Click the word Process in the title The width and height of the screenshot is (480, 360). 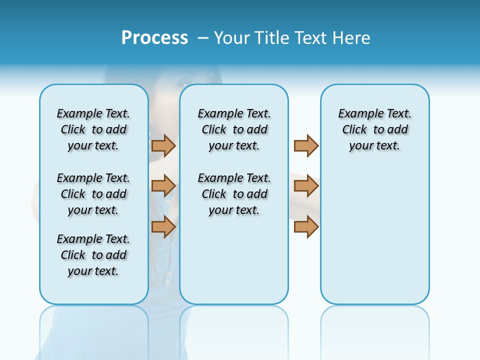(154, 37)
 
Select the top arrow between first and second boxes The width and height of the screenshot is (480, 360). (163, 145)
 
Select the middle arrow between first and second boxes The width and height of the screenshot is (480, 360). (163, 186)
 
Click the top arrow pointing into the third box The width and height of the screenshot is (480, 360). (306, 145)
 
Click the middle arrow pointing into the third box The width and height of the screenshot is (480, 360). (306, 186)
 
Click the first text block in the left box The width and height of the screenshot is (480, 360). (93, 129)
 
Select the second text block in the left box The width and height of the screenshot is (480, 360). (93, 194)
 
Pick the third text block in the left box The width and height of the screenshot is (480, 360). (93, 255)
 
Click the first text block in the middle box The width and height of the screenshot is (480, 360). (234, 129)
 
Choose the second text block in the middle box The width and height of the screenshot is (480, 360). (234, 194)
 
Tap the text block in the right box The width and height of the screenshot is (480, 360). (374, 129)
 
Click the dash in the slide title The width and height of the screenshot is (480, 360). (203, 38)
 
